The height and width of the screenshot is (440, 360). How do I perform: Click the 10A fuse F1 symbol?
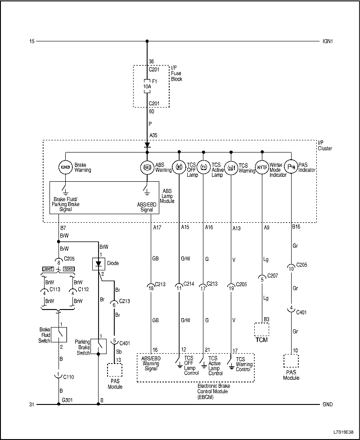click(147, 86)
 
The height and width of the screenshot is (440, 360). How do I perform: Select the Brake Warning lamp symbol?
click(65, 167)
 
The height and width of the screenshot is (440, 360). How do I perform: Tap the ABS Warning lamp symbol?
click(147, 167)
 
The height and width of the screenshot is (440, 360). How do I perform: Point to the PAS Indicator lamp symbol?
click(291, 167)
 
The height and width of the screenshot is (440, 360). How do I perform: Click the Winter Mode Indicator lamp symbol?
click(262, 167)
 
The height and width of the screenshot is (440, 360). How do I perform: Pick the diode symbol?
click(98, 264)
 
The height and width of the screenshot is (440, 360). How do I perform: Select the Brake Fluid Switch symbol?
click(59, 334)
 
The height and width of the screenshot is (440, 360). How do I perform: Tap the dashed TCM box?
click(261, 329)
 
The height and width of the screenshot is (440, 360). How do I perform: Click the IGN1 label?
click(328, 41)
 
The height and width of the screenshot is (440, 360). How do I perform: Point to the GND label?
click(328, 404)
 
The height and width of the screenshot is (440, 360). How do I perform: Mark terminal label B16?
click(296, 228)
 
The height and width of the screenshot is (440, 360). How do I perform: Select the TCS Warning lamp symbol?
click(231, 167)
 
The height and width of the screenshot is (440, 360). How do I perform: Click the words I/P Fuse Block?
click(176, 73)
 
